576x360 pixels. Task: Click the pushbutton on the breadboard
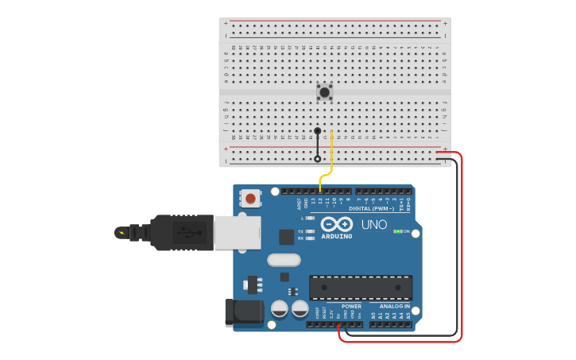pyautogui.click(x=324, y=91)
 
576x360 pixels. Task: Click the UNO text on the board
pyautogui.click(x=374, y=225)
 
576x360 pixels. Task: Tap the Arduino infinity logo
pyautogui.click(x=337, y=224)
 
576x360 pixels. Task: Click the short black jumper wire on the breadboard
pyautogui.click(x=318, y=145)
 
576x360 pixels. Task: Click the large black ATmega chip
pyautogui.click(x=361, y=288)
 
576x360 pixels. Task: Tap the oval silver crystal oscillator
pyautogui.click(x=284, y=260)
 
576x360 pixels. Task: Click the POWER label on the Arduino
pyautogui.click(x=351, y=306)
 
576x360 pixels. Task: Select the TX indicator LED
pyautogui.click(x=309, y=230)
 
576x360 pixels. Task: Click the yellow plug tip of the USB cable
pyautogui.click(x=121, y=233)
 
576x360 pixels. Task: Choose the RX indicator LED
pyautogui.click(x=309, y=238)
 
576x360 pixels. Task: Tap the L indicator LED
pyautogui.click(x=309, y=218)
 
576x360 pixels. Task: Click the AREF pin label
pyautogui.click(x=300, y=203)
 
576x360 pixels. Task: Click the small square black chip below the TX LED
pyautogui.click(x=286, y=237)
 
